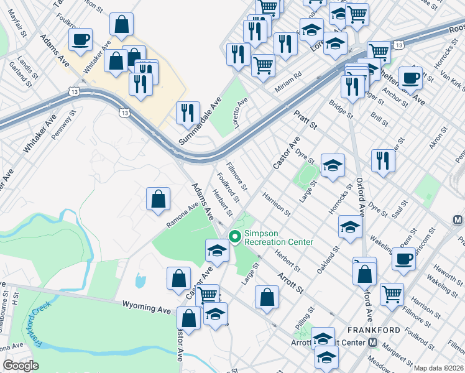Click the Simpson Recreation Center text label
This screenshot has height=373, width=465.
pos(278,237)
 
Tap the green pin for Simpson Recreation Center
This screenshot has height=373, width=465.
pos(235,236)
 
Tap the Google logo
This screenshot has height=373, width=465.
pos(21,366)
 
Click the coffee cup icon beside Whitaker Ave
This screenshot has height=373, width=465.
pos(80,40)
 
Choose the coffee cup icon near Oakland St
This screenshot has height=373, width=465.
pos(403,258)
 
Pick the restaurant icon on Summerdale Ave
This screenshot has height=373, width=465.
pos(188,113)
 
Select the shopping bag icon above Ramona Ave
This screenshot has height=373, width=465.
pos(159,199)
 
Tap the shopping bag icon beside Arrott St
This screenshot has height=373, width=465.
pos(267,297)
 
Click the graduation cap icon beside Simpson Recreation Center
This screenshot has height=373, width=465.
pos(217,250)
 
